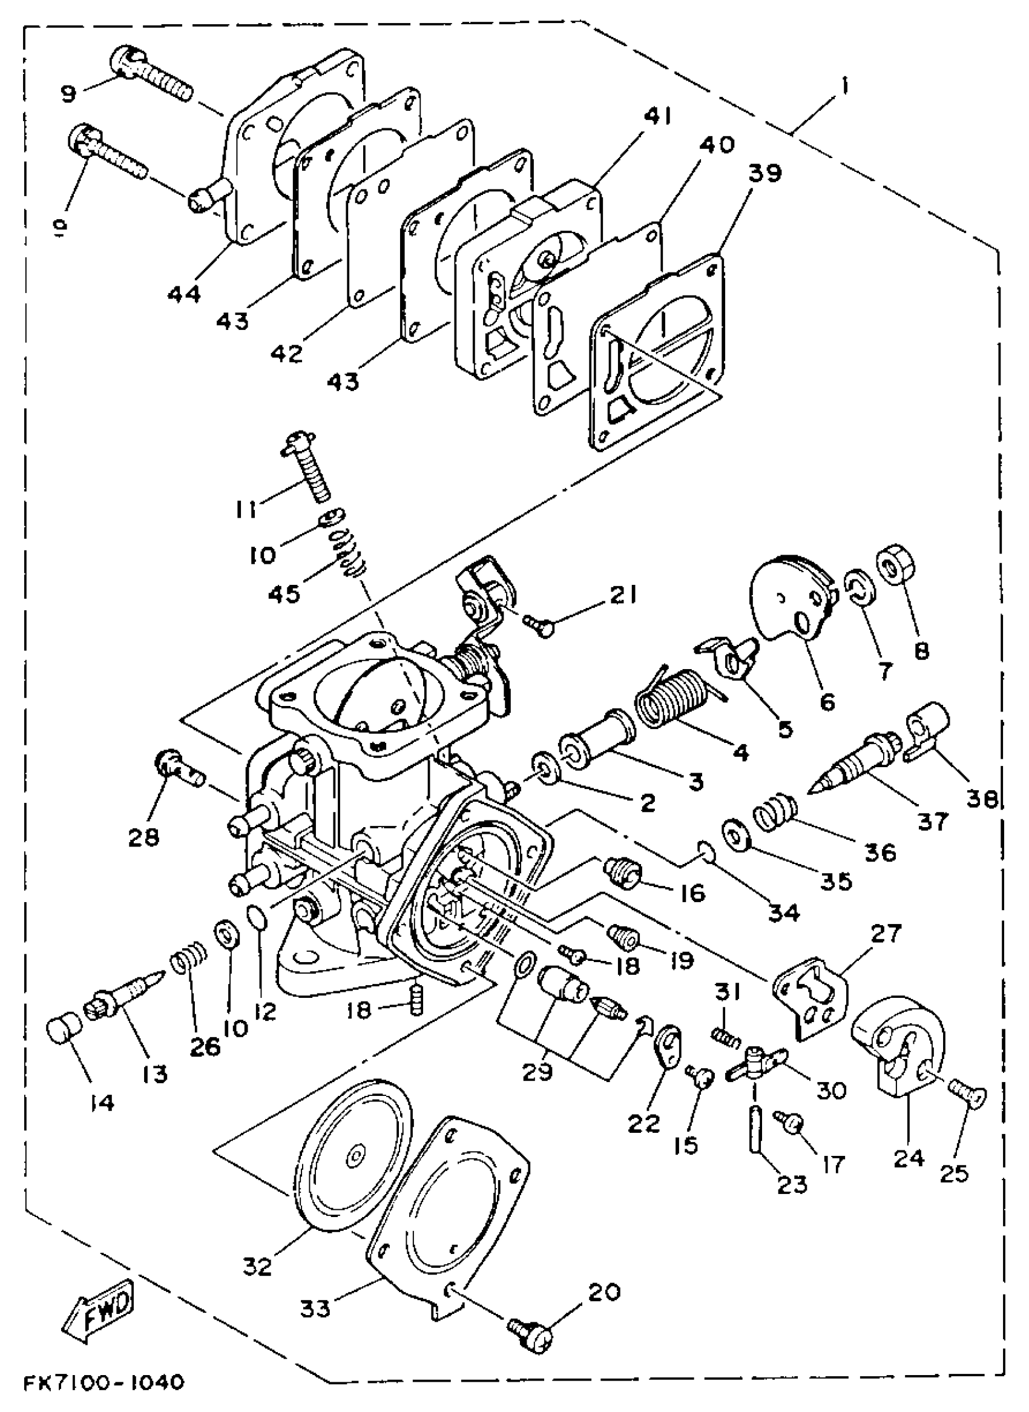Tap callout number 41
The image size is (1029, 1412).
[x=657, y=116]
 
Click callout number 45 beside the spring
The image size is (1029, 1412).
[x=285, y=593]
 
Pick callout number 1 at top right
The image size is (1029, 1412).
[x=843, y=86]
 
